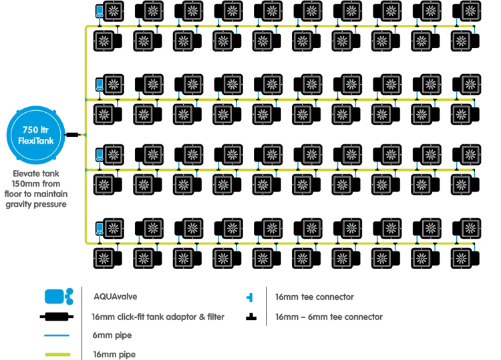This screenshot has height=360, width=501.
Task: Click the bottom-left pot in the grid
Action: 106,257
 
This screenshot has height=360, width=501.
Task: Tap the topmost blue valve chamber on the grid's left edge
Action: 100,11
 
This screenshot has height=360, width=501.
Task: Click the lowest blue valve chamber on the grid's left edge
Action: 100,227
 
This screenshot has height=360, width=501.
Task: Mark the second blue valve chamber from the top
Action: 100,83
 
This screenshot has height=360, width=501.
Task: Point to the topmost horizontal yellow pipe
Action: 281,27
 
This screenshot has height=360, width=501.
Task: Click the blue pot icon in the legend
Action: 58,297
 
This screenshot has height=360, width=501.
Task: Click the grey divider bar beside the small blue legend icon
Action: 265,307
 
